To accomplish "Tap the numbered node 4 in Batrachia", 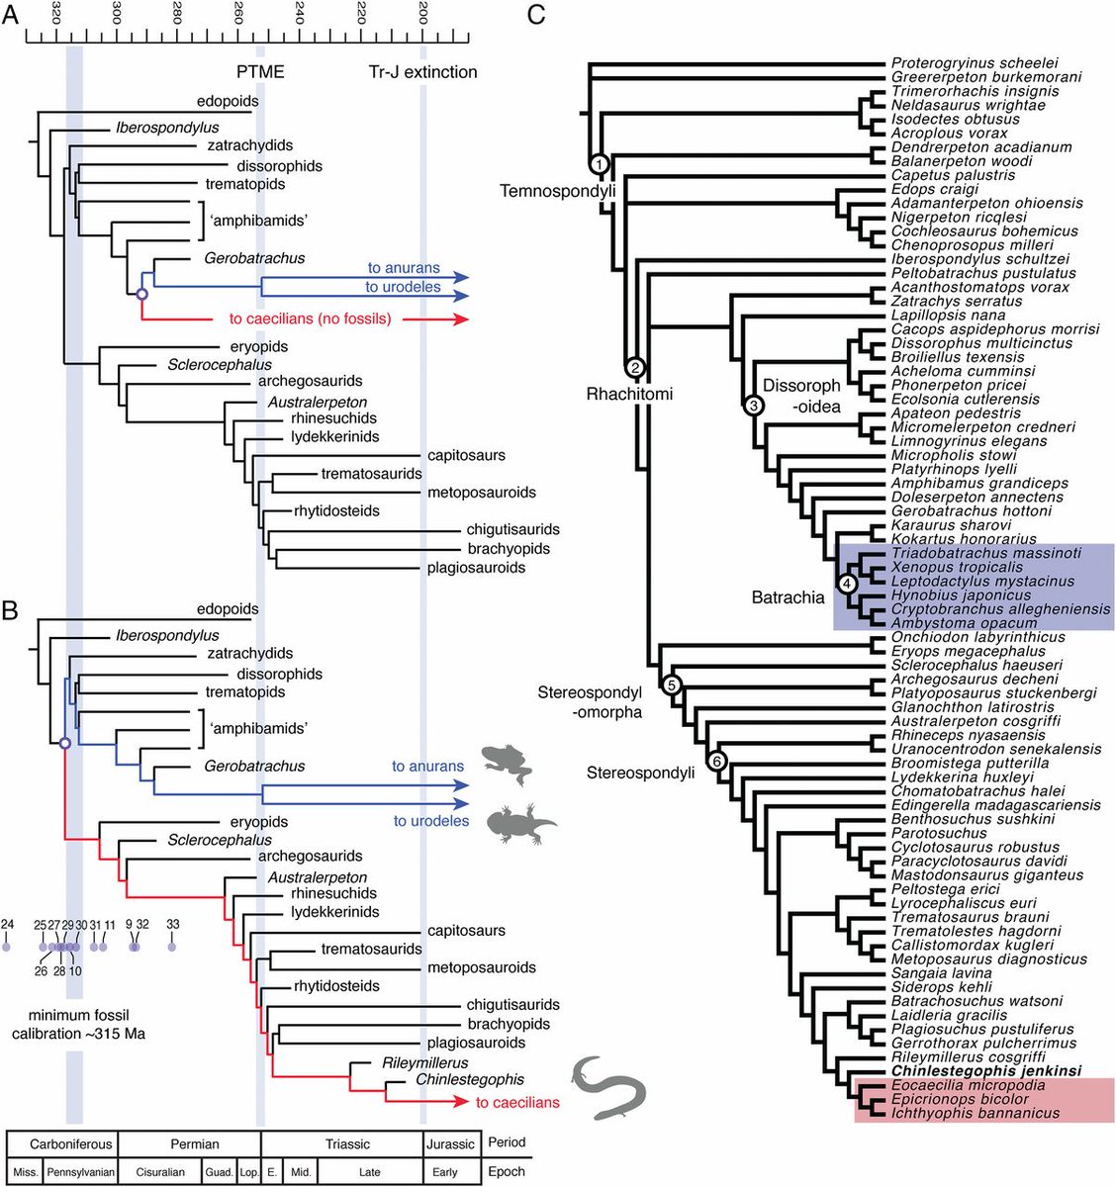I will coord(847,584).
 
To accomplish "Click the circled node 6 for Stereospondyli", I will coord(717,761).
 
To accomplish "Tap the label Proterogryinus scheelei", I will coord(975,63).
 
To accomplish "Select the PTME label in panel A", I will coord(259,72).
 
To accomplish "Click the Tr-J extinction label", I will coord(422,72).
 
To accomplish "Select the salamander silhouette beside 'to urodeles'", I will coord(522,822).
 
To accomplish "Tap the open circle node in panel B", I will coord(64,744).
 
